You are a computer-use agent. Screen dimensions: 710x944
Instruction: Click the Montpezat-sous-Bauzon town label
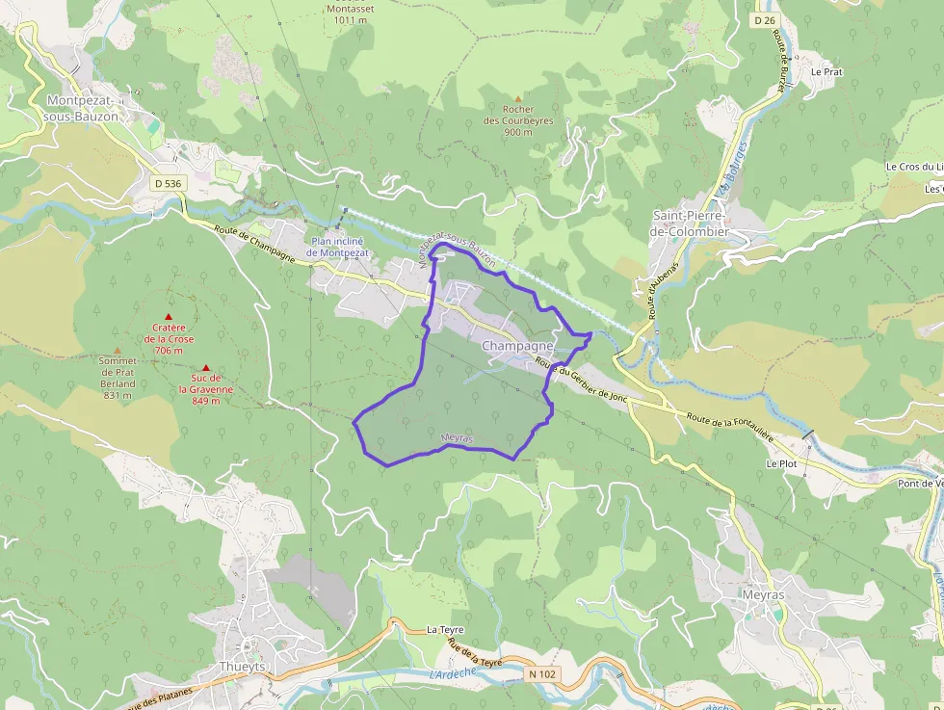pos(81,108)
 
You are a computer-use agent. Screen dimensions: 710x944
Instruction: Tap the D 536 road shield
pos(168,183)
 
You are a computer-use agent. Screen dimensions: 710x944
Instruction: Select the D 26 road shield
pos(765,19)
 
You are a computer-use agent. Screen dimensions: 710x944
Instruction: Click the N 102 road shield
pos(542,674)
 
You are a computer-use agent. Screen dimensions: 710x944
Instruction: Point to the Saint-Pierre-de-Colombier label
pos(691,224)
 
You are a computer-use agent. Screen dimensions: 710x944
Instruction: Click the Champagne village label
pos(517,345)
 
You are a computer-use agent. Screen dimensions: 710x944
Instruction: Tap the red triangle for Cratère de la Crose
pos(169,317)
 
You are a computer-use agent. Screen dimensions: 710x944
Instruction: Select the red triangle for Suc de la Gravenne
pos(205,367)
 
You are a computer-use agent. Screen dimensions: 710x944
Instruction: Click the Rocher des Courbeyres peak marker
pos(518,99)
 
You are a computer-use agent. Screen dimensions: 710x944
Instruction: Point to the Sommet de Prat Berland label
pos(118,372)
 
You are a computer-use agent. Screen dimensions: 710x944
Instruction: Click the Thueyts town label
pos(242,667)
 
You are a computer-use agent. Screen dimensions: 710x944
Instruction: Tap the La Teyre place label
pos(445,629)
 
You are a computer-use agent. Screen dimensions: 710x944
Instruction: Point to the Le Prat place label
pos(826,71)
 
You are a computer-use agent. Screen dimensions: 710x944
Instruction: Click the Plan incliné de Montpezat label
pos(337,247)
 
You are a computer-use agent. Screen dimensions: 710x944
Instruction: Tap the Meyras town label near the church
pos(763,595)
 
